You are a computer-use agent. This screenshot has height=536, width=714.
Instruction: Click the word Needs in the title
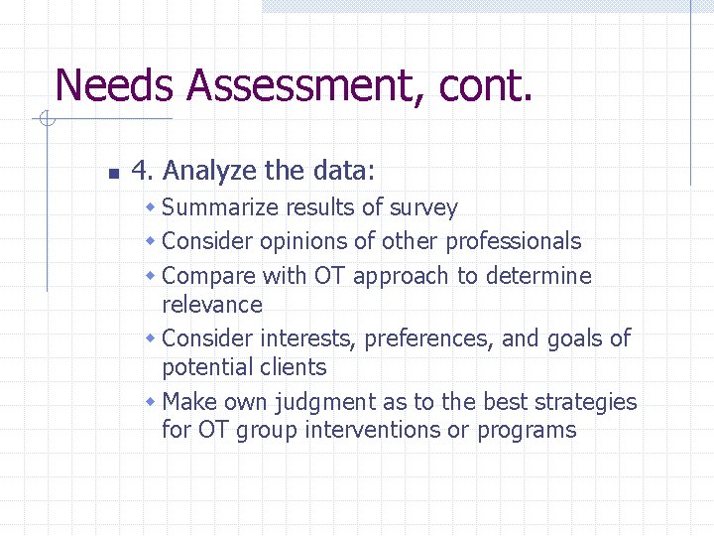115,85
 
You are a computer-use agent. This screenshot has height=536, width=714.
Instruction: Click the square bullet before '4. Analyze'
112,174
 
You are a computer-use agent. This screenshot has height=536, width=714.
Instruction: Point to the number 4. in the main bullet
142,172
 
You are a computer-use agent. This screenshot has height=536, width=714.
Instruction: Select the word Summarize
220,208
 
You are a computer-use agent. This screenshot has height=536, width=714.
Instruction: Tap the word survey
423,208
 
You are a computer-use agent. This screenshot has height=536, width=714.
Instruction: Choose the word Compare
208,276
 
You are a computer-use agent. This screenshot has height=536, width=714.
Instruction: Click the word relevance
211,305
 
